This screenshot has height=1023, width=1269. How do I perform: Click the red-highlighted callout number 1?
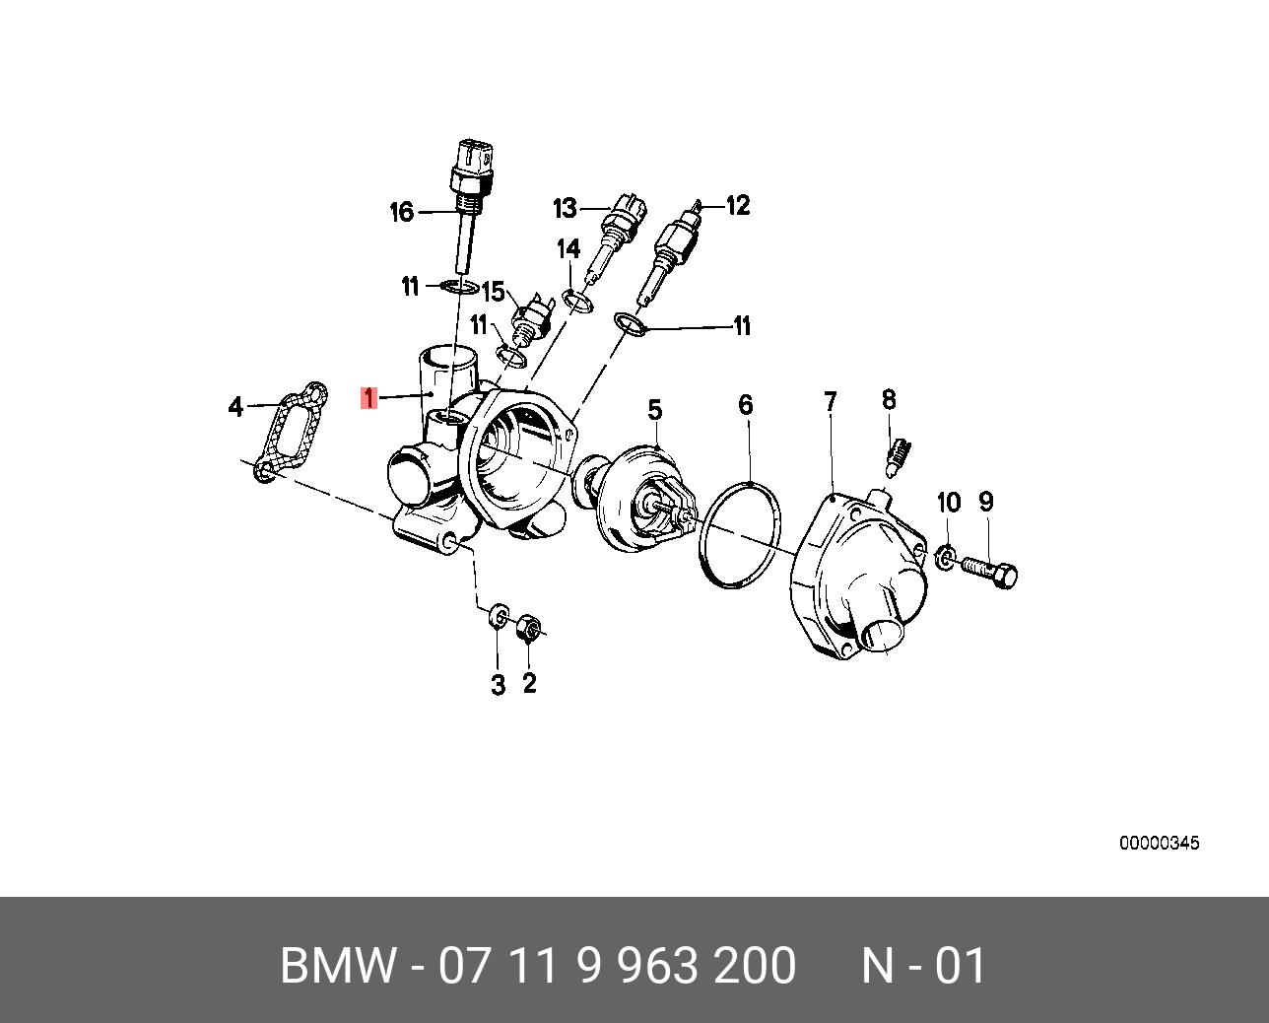tap(369, 398)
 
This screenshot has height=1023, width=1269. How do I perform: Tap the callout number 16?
tap(401, 212)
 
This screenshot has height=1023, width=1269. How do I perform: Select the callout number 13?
tap(564, 208)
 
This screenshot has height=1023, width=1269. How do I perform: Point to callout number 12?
tap(738, 205)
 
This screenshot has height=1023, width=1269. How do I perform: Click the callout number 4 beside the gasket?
tap(234, 406)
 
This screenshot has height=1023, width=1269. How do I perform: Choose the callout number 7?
tap(831, 401)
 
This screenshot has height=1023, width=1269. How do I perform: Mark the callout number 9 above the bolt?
tap(986, 502)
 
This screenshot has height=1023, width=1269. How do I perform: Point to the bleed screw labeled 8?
tap(897, 455)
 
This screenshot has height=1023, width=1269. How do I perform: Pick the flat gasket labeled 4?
tap(288, 433)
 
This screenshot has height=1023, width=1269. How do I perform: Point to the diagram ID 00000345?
tap(1159, 844)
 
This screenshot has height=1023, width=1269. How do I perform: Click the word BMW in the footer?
tap(337, 966)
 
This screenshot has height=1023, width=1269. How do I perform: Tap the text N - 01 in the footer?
tap(923, 966)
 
